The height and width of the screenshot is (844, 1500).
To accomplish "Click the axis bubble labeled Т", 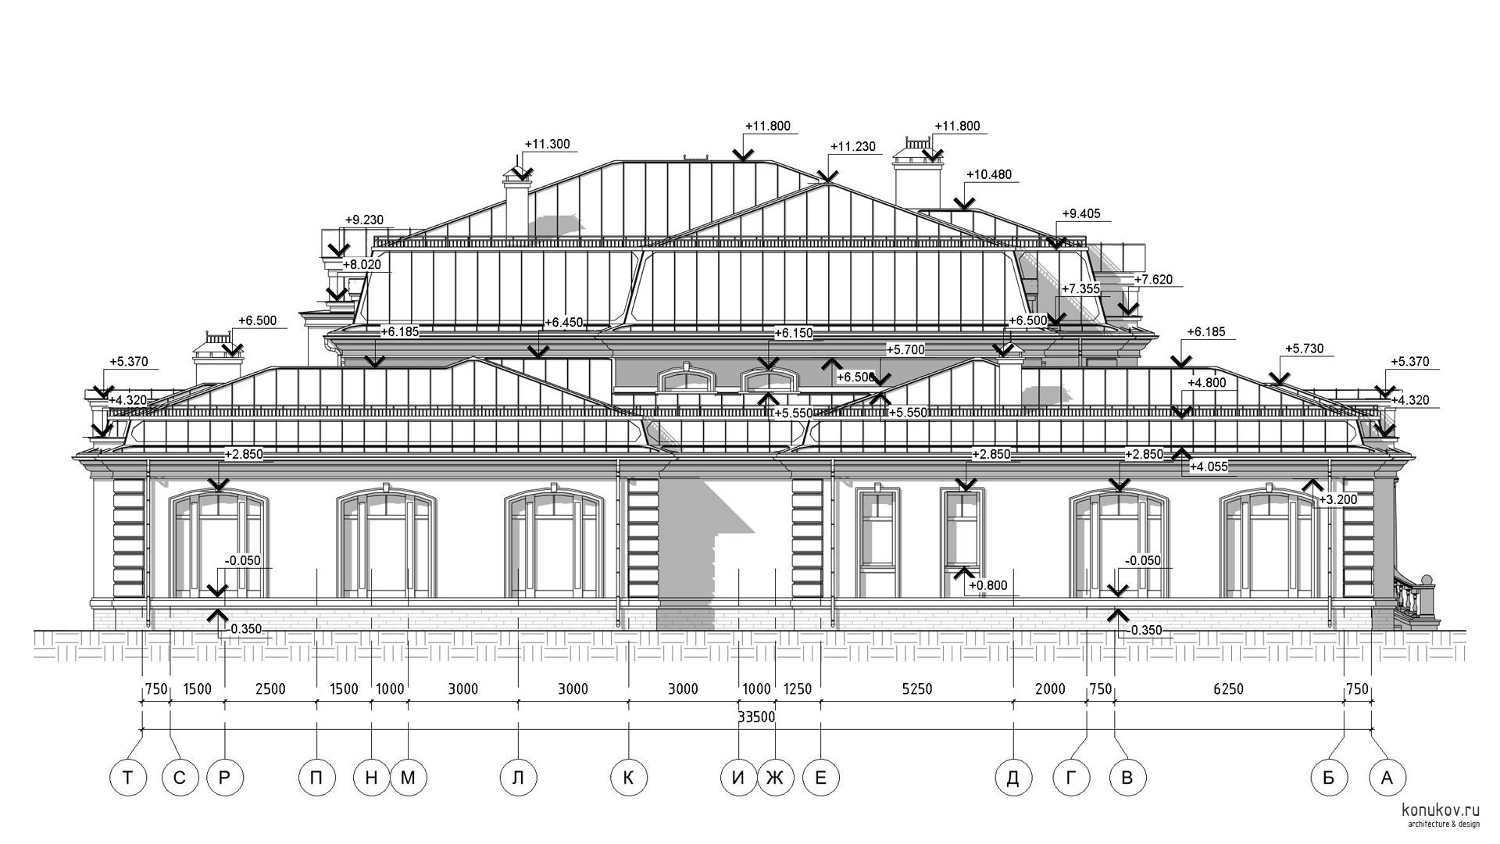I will point(128,778).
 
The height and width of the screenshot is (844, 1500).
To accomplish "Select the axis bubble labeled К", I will point(628,778).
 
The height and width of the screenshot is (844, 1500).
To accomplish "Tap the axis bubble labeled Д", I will point(1012,778).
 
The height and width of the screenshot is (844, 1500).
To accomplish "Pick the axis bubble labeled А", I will point(1387,778).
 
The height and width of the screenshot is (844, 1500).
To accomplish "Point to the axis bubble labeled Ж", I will point(775,778).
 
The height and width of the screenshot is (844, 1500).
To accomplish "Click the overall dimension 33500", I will point(755,717).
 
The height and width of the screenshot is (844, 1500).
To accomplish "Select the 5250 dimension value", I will point(917,689).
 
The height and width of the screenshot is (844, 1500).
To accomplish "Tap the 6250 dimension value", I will point(1228,689).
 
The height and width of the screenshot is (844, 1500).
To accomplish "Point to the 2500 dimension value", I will point(270,689).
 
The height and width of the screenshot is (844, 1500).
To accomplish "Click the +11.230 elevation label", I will point(852,147).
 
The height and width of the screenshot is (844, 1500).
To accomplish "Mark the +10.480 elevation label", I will point(989,175).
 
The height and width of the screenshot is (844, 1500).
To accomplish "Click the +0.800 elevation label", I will point(988,585).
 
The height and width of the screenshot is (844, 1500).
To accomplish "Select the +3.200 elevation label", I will point(1338,500).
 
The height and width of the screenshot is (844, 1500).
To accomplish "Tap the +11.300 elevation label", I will point(547,145).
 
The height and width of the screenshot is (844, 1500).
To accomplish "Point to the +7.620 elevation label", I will point(1153,280).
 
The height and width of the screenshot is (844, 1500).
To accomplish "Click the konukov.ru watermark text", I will point(1441,810).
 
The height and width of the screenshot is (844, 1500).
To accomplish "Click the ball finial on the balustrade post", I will point(1427,580).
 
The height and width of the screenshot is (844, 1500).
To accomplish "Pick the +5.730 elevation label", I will point(1305,349).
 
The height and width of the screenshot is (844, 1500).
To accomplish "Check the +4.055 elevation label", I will point(1209,467).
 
